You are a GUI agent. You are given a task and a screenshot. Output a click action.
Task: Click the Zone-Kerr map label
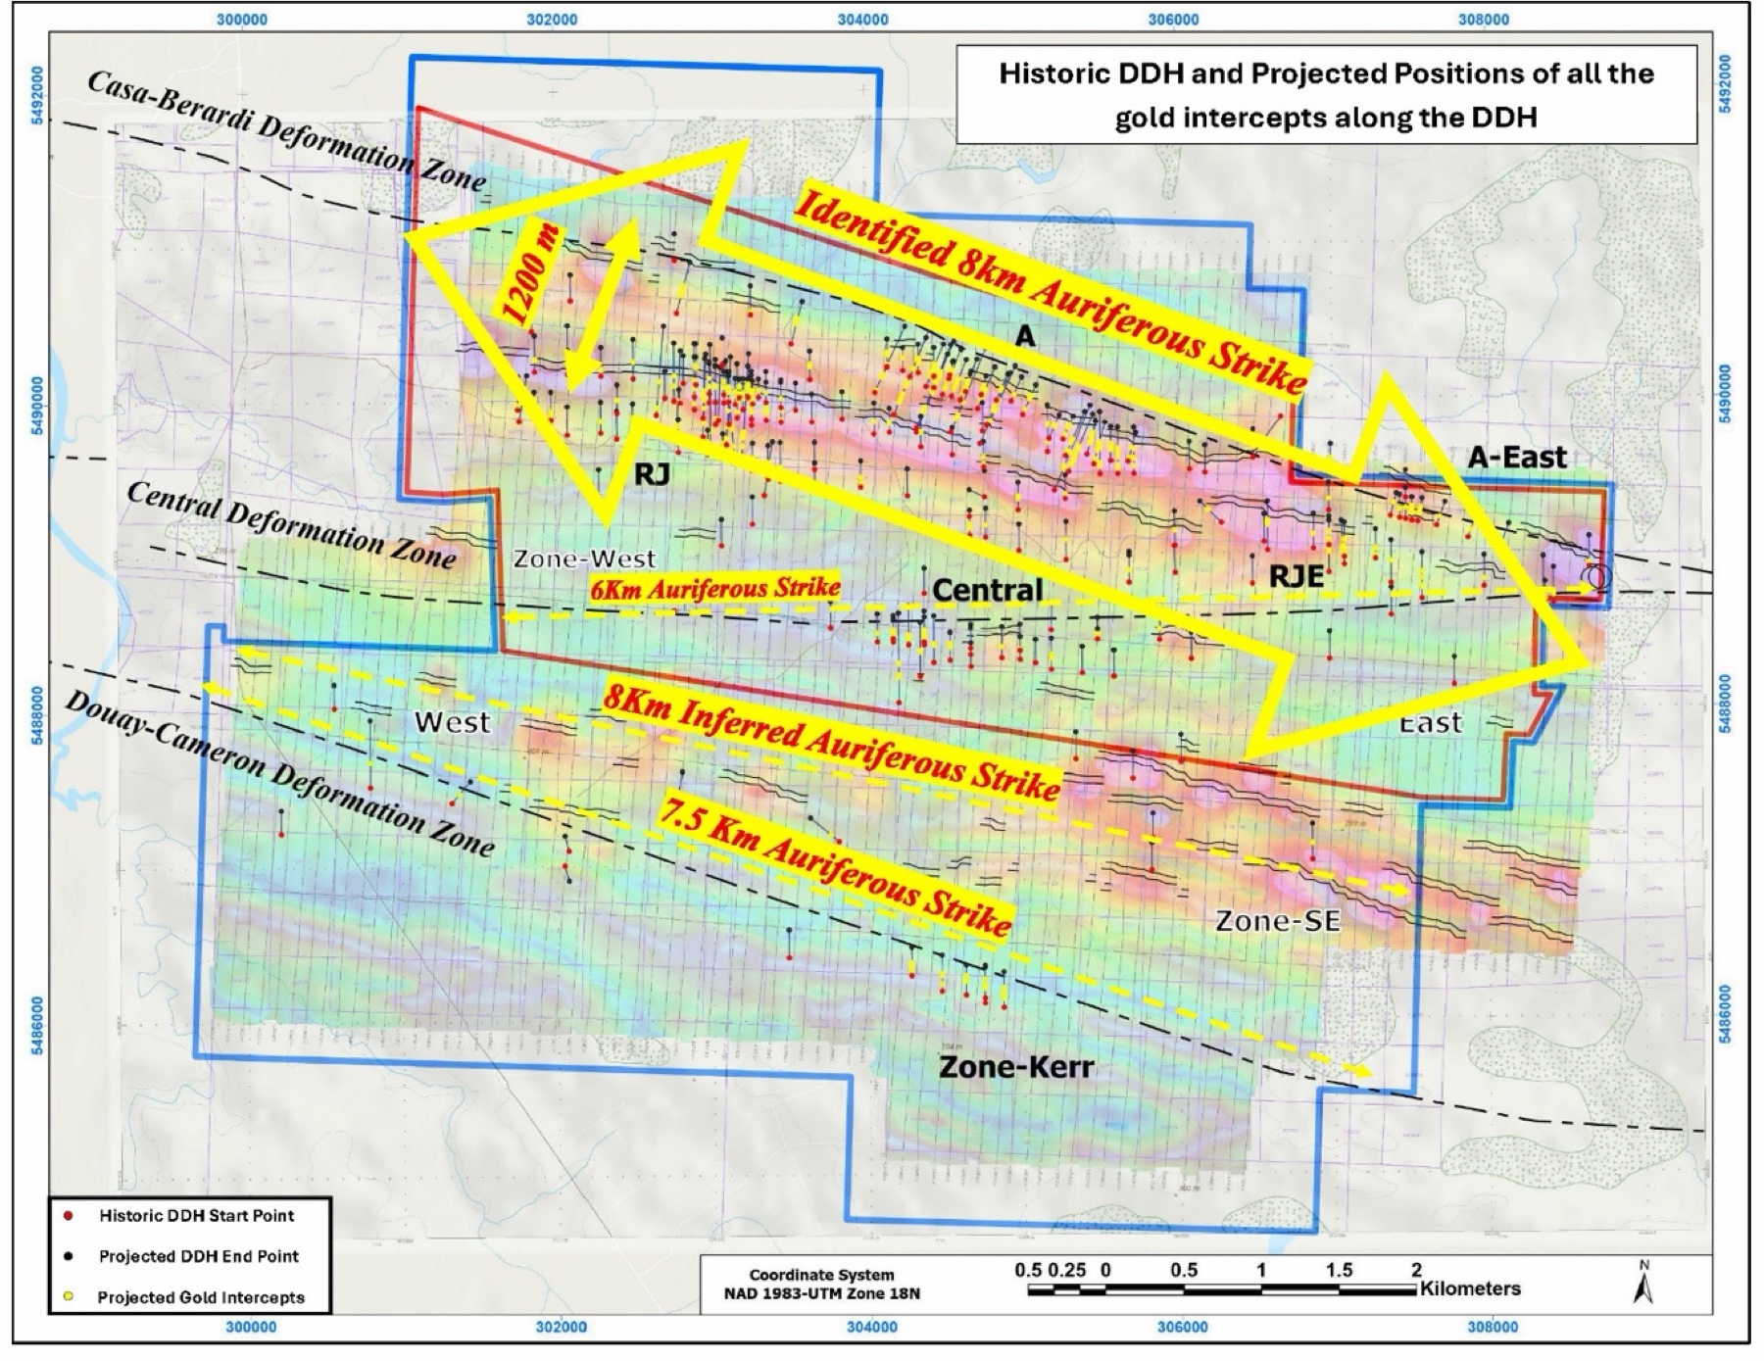click(x=1016, y=1066)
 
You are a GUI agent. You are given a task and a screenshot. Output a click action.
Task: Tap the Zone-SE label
click(x=1277, y=921)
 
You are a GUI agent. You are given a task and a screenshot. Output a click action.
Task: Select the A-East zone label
click(x=1517, y=457)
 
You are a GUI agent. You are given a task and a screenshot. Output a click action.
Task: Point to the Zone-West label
click(x=584, y=559)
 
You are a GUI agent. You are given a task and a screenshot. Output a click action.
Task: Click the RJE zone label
click(x=1296, y=577)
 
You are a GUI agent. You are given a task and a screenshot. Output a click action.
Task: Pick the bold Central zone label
click(x=987, y=590)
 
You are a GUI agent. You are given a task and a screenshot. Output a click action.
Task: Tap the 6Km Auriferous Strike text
click(x=714, y=588)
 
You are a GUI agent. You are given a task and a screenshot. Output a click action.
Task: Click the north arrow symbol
click(x=1643, y=1285)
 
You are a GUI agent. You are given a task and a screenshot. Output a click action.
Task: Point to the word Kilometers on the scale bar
click(x=1470, y=1288)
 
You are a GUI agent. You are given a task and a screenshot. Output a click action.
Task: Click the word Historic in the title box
click(x=1050, y=74)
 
